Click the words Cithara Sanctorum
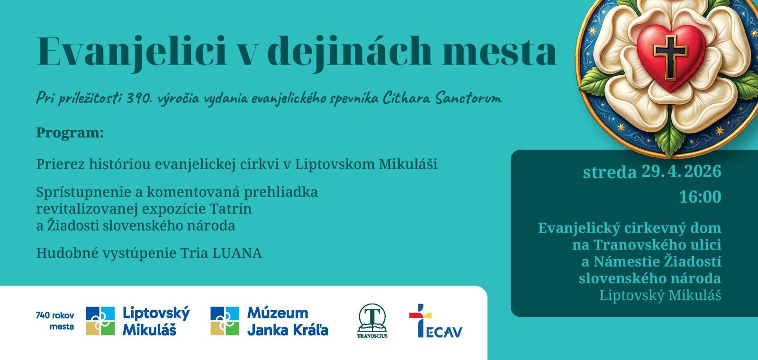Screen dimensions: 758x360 pyautogui.click(x=442, y=98)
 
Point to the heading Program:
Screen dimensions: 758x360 pyautogui.click(x=70, y=133)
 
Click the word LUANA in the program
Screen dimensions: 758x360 pyautogui.click(x=237, y=253)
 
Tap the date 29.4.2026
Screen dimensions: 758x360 pyautogui.click(x=681, y=171)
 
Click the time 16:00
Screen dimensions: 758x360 pyautogui.click(x=700, y=197)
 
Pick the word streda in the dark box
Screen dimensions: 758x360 pyautogui.click(x=610, y=172)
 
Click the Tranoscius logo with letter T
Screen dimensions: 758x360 pyautogui.click(x=372, y=321)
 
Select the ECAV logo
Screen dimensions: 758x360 pyautogui.click(x=435, y=321)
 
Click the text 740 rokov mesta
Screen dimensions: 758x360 pyautogui.click(x=55, y=321)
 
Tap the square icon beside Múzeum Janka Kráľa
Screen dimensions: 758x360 pyautogui.click(x=225, y=321)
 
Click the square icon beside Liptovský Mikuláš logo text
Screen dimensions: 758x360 pyautogui.click(x=100, y=321)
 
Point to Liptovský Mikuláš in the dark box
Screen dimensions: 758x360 pyautogui.click(x=660, y=296)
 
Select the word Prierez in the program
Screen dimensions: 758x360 pyautogui.click(x=61, y=164)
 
